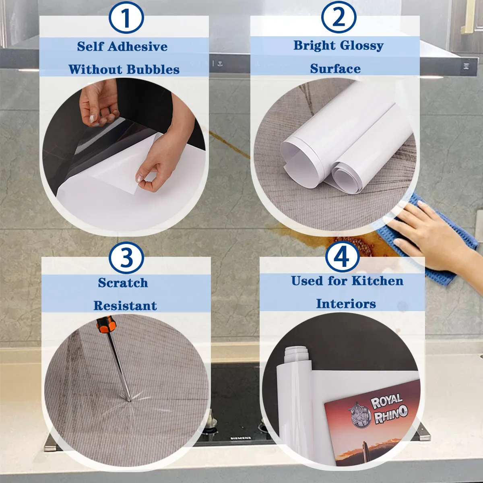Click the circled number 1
(x=126, y=18)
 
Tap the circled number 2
(x=339, y=17)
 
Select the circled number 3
(x=126, y=258)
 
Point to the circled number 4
(x=342, y=256)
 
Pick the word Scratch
(x=123, y=283)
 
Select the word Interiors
(x=346, y=304)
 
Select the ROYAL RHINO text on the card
(x=388, y=407)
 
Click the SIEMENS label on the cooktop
(x=241, y=438)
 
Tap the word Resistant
(x=125, y=306)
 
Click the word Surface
(x=335, y=69)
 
